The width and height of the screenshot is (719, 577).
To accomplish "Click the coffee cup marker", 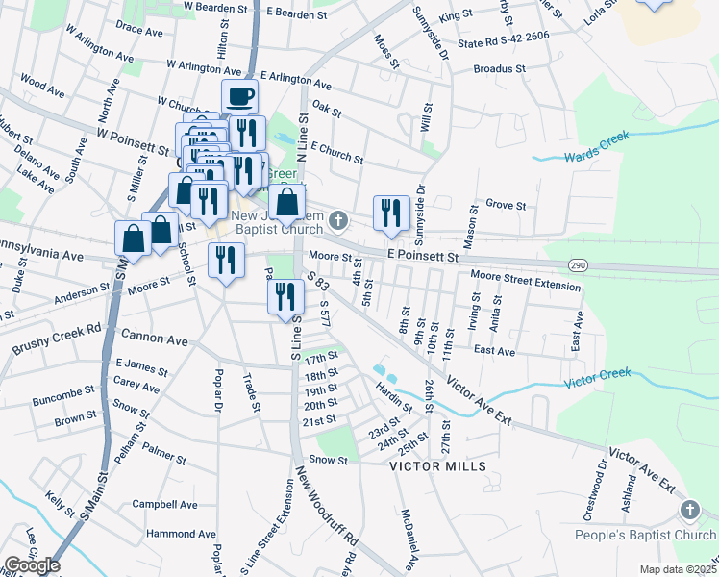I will [239, 97].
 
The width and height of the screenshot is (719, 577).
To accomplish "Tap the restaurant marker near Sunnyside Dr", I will [391, 213].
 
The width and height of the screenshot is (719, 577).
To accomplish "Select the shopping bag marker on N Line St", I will [287, 203].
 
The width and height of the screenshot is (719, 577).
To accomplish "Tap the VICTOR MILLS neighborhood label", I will [437, 465].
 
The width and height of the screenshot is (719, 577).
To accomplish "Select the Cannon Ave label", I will [154, 339].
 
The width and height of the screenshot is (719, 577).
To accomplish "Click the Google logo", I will [32, 565].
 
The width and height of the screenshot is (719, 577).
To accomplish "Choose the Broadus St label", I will [500, 69].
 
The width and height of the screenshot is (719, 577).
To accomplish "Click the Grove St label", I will [506, 205].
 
